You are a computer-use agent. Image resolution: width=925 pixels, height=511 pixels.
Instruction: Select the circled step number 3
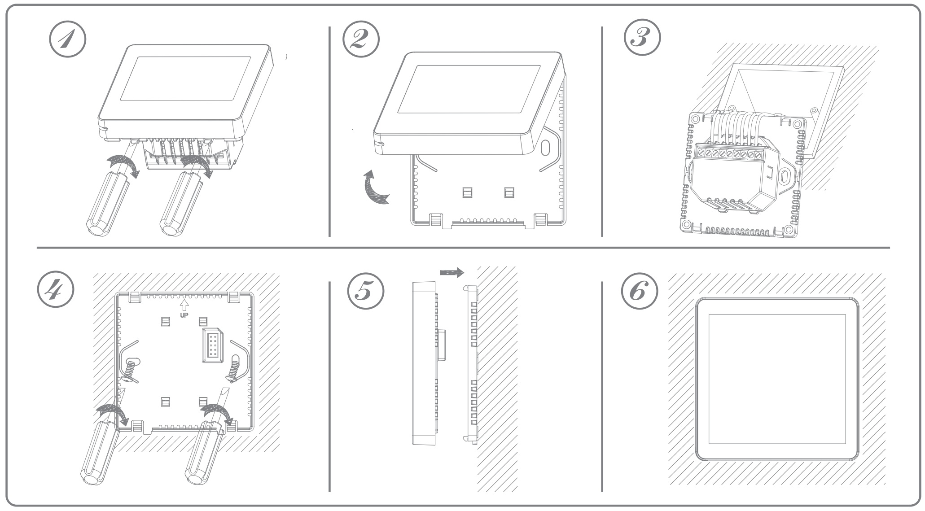642,38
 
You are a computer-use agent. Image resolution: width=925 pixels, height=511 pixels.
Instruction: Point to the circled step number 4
55,292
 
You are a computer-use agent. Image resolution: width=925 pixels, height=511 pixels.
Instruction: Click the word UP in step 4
184,315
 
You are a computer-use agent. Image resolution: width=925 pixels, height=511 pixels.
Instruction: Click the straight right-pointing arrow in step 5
452,272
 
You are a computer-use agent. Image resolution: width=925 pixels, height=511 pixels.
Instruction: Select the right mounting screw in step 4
234,367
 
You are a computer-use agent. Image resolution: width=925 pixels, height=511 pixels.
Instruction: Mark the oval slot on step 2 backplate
546,148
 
